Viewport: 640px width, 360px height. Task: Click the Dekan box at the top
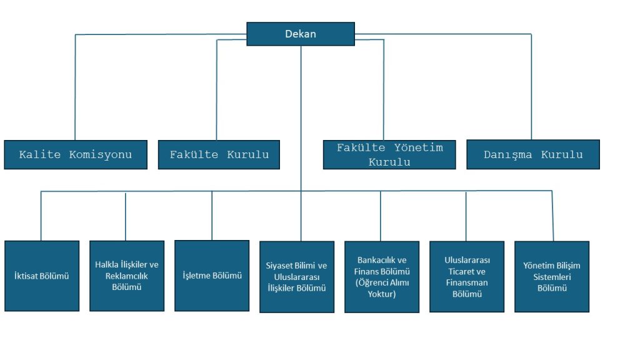[x=301, y=34]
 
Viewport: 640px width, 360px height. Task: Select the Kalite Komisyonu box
[x=76, y=154]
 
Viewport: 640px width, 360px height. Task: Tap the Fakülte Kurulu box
[x=219, y=154]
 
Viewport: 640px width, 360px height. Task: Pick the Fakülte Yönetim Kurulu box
[x=389, y=154]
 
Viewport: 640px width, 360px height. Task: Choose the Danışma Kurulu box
[x=533, y=154]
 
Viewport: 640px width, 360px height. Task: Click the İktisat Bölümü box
[x=42, y=276]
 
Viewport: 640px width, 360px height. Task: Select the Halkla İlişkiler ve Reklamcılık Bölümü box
[x=127, y=276]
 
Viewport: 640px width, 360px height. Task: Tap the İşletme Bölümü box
[x=212, y=276]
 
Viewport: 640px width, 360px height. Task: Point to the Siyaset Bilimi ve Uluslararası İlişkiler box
[x=296, y=277]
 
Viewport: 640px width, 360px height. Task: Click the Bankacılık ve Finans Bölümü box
[x=381, y=277]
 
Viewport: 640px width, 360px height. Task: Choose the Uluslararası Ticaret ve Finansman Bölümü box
[x=467, y=276]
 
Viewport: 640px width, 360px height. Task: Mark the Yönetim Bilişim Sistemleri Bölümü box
[x=552, y=276]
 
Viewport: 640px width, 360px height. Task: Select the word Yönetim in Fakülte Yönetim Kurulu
[x=419, y=148]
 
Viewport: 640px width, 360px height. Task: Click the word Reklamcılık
[x=127, y=276]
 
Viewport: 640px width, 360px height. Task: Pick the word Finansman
[x=467, y=282]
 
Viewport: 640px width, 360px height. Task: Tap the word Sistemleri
[x=552, y=277]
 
